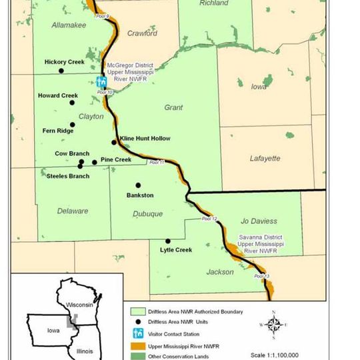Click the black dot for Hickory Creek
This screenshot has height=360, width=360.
[x=61, y=70]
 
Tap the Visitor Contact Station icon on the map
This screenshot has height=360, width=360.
[x=101, y=82]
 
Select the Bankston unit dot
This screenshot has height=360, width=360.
[x=139, y=185]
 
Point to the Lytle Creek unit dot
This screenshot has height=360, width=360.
[x=168, y=241]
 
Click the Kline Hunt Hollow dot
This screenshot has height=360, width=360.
[x=114, y=142]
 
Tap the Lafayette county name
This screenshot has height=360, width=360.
[x=265, y=159]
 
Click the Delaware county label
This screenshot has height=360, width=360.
[x=72, y=211]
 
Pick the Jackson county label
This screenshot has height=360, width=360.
[x=220, y=272]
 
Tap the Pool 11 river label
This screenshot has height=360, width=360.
[x=156, y=163]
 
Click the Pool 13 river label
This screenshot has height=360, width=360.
[x=261, y=277]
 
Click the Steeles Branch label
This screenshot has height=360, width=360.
[x=68, y=176]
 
